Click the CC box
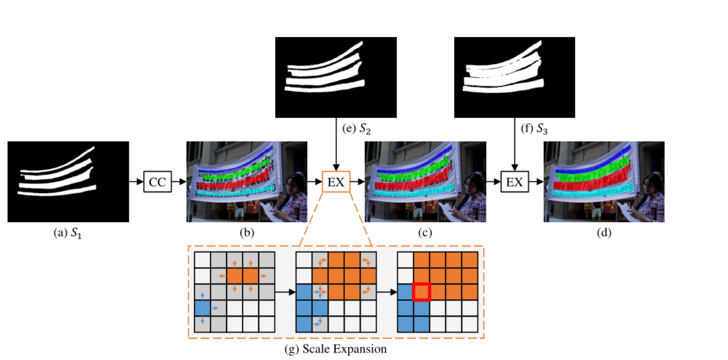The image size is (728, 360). click(x=157, y=182)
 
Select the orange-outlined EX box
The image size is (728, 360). click(x=336, y=182)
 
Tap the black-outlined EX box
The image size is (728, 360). click(x=514, y=182)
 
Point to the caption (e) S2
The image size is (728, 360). click(x=356, y=129)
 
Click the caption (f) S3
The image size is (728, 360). click(x=535, y=129)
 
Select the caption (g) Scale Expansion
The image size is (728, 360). click(x=336, y=349)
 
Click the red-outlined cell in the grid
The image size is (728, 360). click(x=421, y=292)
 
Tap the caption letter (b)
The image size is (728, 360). click(x=246, y=233)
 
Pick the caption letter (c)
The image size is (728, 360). click(x=425, y=233)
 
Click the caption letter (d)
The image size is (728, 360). click(x=604, y=233)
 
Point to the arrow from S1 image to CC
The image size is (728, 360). click(x=136, y=182)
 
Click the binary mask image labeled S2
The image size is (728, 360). click(x=336, y=78)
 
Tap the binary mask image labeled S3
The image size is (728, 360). click(x=514, y=78)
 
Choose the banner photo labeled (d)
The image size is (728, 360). click(x=604, y=182)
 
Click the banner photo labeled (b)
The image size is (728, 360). click(x=247, y=182)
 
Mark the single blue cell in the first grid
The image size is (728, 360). click(x=202, y=308)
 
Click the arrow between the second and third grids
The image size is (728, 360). click(x=387, y=292)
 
